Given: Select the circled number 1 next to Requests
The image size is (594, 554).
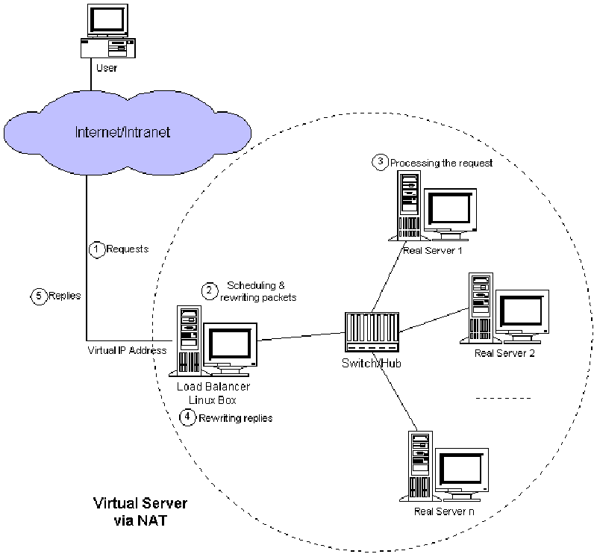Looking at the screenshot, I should (96, 250).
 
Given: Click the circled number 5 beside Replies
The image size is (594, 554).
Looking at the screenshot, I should (40, 296).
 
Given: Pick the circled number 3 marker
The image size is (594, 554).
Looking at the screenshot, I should (381, 162).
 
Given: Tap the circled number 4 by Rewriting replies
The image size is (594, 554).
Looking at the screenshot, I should (189, 418).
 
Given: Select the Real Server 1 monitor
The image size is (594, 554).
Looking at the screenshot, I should (448, 210).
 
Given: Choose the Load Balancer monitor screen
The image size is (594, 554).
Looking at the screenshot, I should (230, 345).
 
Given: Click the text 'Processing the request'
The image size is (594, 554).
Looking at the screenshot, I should (441, 163).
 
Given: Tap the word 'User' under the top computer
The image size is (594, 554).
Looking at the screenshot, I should (107, 69).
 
